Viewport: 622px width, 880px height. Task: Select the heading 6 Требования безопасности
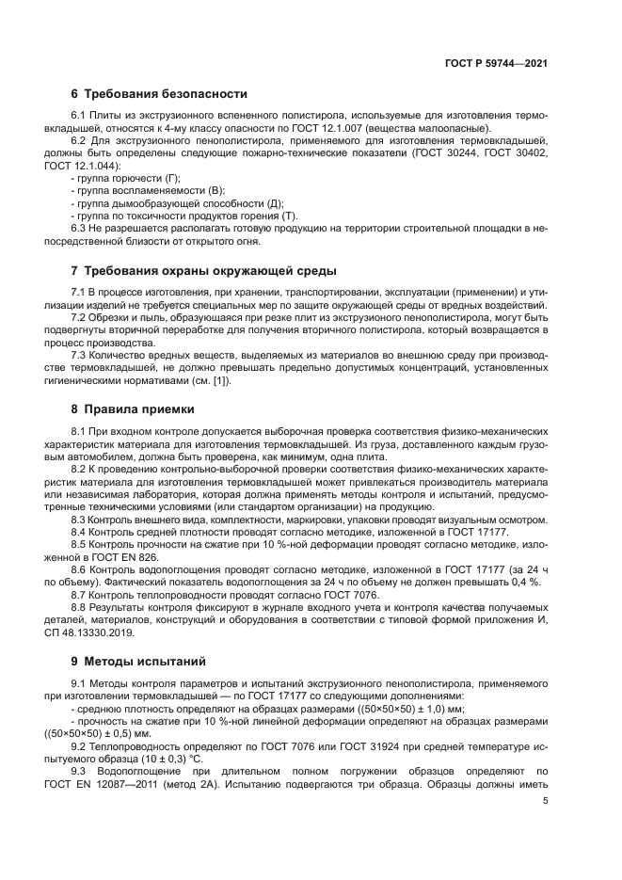pyautogui.click(x=159, y=94)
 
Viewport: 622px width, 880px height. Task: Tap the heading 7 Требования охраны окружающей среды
pyautogui.click(x=203, y=271)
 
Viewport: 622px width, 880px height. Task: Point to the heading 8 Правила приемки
pyautogui.click(x=133, y=409)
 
